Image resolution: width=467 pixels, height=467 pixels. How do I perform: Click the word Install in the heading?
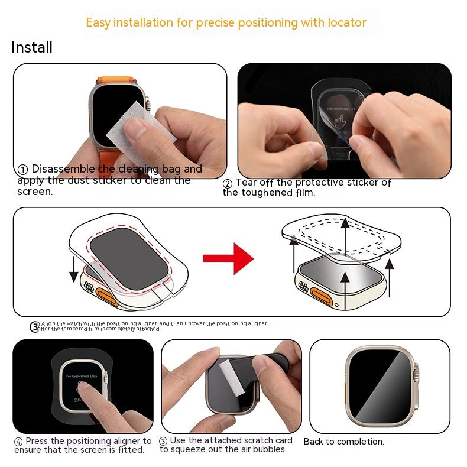click(x=32, y=47)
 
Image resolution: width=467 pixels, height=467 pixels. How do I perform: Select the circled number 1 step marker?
click(x=23, y=169)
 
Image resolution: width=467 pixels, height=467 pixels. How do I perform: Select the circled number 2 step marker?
click(x=228, y=183)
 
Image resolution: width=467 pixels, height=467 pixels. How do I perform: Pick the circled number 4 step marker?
click(x=18, y=441)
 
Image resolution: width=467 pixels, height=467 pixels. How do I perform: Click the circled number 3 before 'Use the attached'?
click(x=164, y=440)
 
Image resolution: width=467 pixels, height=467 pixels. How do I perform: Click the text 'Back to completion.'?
click(x=343, y=442)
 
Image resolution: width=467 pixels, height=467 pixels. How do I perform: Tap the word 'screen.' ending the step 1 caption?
click(x=35, y=192)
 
